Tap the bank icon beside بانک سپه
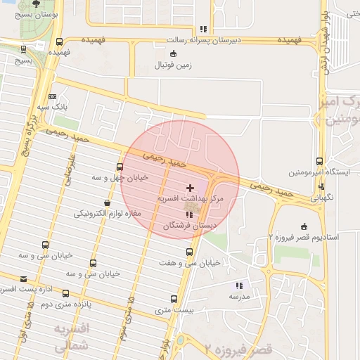click(x=52, y=96)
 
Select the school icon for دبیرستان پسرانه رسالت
click(x=204, y=30)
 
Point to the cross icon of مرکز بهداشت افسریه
click(x=190, y=188)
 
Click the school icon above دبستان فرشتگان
click(x=188, y=214)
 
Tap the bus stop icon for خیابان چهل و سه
click(x=120, y=167)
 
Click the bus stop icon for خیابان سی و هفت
click(x=189, y=252)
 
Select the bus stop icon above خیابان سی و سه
click(x=46, y=245)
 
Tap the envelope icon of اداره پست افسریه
click(x=23, y=279)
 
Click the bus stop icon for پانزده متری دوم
click(x=65, y=293)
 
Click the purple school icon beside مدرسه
click(x=239, y=285)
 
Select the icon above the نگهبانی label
click(x=321, y=186)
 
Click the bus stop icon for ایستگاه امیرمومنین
click(x=320, y=162)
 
